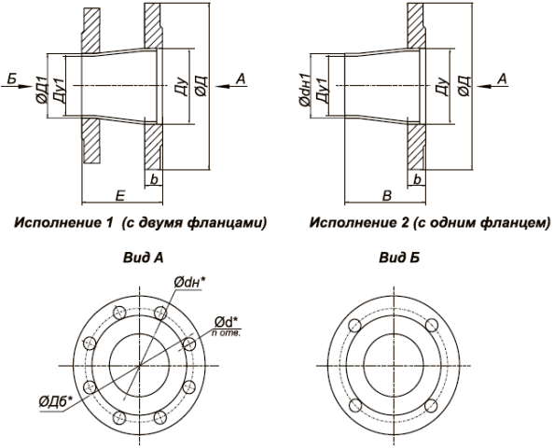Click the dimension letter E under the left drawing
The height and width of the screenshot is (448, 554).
pos(120,196)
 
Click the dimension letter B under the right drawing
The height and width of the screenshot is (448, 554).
pos(387,196)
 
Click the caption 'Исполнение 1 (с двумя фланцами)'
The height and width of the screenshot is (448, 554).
pos(140,223)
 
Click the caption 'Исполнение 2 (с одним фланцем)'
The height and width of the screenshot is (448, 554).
pos(430,223)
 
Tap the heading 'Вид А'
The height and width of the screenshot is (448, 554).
pos(143,258)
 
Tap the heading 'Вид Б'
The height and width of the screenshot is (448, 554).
pos(399,258)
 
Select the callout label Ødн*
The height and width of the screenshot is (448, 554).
pos(189,282)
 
